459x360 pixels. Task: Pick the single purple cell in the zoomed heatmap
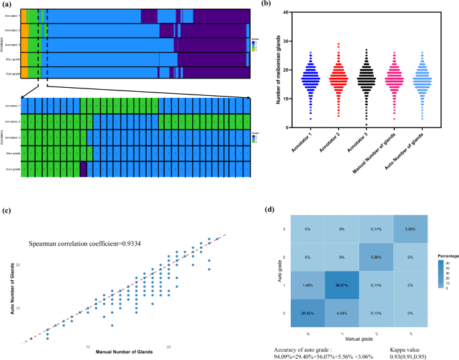pos(83,168)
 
